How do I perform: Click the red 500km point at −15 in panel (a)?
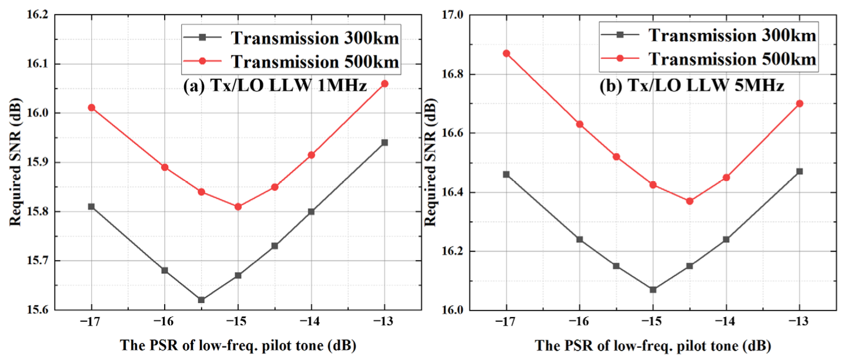click(238, 206)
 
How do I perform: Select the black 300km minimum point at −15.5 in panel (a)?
click(201, 300)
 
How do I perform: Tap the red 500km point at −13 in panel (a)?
click(385, 84)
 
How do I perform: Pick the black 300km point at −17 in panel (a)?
click(91, 206)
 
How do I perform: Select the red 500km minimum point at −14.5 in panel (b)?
click(689, 201)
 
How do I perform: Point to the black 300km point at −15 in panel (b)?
click(653, 289)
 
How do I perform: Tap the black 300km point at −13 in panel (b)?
click(799, 171)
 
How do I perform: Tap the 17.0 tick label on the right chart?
click(453, 15)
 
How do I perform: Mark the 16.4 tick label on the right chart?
click(453, 192)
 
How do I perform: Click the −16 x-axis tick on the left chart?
click(164, 322)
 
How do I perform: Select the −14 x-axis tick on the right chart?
click(726, 322)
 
